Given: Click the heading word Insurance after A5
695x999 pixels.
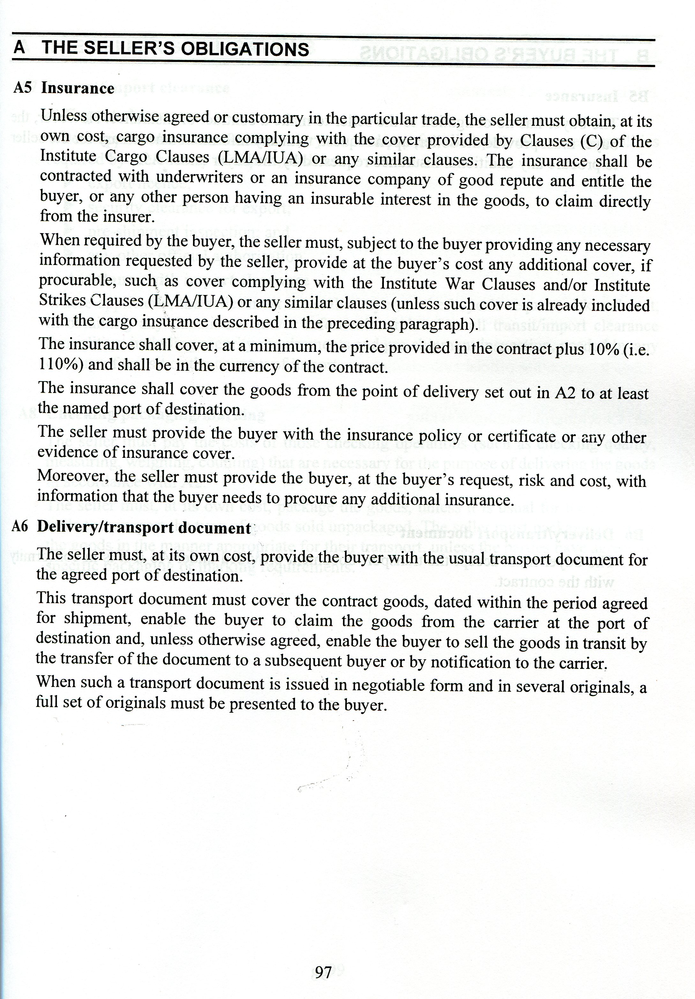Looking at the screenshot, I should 78,88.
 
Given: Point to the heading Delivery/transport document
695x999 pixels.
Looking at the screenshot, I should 144,528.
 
